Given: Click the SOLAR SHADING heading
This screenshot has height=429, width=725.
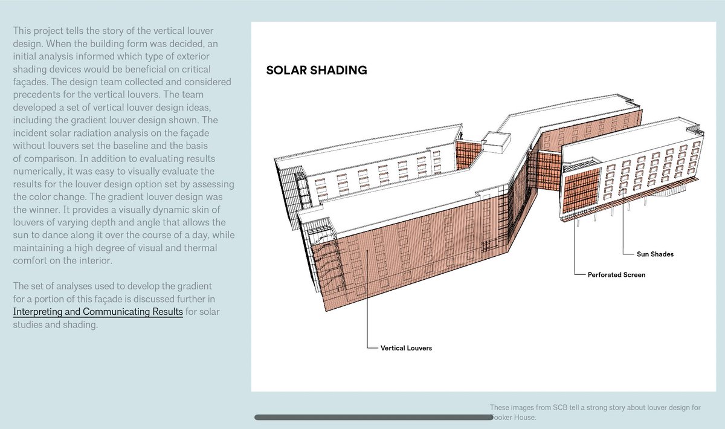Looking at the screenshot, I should point(317,70).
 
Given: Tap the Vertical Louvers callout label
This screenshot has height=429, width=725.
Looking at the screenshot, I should point(406,348).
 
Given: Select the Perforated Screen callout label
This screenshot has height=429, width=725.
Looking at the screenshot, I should point(616,274).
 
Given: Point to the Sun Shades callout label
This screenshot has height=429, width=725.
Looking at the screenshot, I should point(655,254).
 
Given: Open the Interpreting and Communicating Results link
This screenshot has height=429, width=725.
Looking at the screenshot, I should point(98,312).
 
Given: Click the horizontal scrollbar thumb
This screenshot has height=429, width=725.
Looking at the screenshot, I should point(373,417).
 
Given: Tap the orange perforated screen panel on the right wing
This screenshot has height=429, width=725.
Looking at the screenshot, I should point(581,190).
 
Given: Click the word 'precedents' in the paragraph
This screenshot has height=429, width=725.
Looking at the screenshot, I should point(36,94).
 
